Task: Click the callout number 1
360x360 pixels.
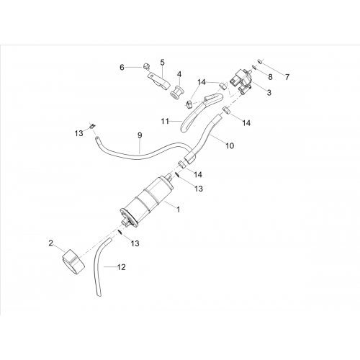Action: click(x=178, y=210)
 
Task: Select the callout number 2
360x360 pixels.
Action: click(x=50, y=243)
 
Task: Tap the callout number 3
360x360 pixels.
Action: click(x=269, y=92)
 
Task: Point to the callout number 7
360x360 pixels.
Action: click(x=287, y=77)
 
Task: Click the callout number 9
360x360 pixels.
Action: click(x=140, y=135)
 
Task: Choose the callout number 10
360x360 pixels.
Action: click(x=230, y=145)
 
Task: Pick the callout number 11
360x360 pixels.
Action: click(x=165, y=122)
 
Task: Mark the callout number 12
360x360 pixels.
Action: click(x=122, y=267)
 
